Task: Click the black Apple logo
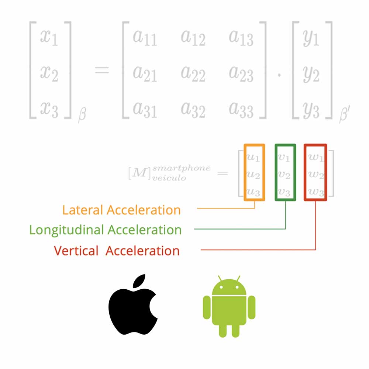132,308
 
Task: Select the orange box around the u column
255,172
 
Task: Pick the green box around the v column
285,172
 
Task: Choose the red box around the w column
315,172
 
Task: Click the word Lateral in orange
82,210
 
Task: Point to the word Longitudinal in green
66,230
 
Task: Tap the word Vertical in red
76,251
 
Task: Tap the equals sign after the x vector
102,70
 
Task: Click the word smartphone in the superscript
182,168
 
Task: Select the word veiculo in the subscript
170,178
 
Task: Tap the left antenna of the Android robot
220,277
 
